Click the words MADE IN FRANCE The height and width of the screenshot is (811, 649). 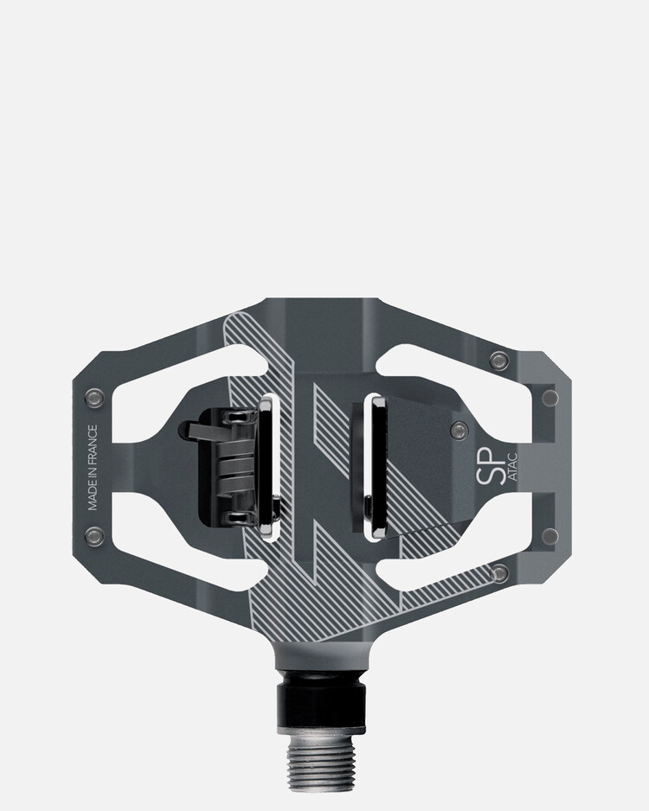[93, 468]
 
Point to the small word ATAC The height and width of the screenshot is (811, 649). [512, 467]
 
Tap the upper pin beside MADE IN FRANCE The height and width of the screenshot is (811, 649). [94, 397]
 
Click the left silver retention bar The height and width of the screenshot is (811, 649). [270, 468]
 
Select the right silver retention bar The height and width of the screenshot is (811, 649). [373, 467]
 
